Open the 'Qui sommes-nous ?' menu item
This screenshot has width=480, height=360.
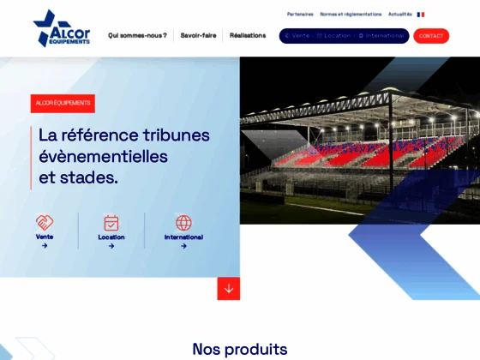click(x=137, y=35)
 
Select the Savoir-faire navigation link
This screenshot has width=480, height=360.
click(x=198, y=35)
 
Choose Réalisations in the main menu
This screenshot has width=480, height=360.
click(x=248, y=35)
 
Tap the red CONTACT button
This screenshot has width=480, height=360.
click(x=431, y=36)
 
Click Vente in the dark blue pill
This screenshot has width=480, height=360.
click(x=297, y=36)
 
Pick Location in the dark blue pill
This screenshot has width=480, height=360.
click(x=334, y=36)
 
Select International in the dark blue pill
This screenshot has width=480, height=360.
click(x=381, y=36)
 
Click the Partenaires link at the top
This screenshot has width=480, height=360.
click(x=300, y=14)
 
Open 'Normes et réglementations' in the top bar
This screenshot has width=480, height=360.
click(x=351, y=14)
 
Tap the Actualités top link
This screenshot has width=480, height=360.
click(x=399, y=14)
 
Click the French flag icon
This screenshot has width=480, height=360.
click(x=421, y=14)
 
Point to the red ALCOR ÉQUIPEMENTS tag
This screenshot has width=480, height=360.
click(x=63, y=103)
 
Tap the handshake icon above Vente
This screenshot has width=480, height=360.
click(x=45, y=222)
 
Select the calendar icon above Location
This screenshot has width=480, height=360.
click(x=111, y=223)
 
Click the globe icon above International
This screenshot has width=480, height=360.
click(x=183, y=223)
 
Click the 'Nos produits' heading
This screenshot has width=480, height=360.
click(x=240, y=349)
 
